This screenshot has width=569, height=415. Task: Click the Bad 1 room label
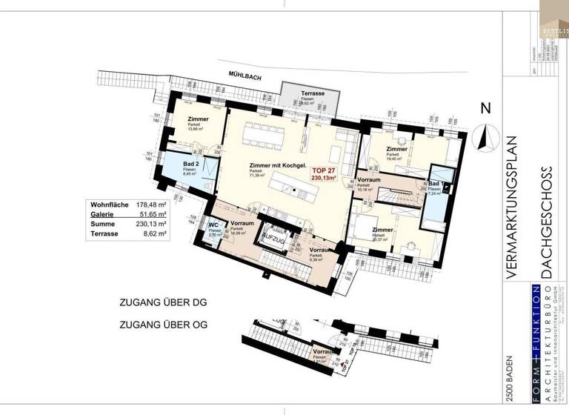[436, 183]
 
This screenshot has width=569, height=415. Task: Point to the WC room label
[213, 225]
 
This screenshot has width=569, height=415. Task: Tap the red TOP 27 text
[324, 170]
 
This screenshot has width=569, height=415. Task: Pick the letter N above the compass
[486, 108]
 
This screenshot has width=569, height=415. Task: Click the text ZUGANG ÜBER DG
[162, 302]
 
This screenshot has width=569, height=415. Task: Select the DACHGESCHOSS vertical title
[548, 222]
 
